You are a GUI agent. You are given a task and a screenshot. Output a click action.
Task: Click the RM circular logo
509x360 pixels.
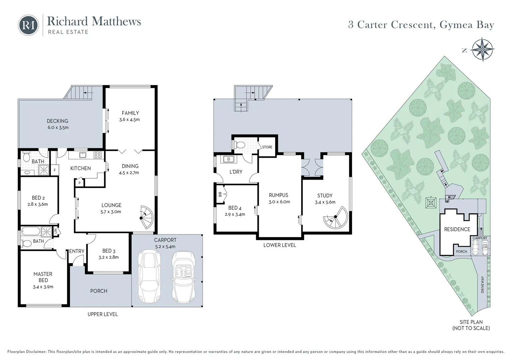(x=28, y=25)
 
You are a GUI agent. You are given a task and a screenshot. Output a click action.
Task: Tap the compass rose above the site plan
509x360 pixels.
(x=482, y=50)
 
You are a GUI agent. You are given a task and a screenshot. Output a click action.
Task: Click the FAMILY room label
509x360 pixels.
(x=130, y=113)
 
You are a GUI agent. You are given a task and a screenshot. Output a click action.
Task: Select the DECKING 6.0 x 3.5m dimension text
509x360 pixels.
(x=58, y=127)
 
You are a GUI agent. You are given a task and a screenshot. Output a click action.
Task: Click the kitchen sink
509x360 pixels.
(x=82, y=155)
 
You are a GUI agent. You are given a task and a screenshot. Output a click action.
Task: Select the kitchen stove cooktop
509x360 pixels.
(x=98, y=155)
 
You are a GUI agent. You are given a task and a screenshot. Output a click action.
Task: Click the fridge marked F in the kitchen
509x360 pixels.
(x=55, y=170)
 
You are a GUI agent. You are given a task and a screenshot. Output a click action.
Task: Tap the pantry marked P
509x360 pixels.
(x=80, y=183)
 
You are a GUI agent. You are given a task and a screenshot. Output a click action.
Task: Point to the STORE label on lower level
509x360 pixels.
(x=267, y=147)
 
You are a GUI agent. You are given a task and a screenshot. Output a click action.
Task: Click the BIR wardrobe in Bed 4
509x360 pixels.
(x=221, y=194)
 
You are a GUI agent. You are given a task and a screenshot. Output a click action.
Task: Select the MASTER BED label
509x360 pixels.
(x=43, y=277)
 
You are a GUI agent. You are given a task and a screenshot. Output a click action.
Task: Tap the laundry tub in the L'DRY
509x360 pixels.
(x=229, y=159)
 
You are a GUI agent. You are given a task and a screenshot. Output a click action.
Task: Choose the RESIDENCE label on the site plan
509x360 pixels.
(x=457, y=229)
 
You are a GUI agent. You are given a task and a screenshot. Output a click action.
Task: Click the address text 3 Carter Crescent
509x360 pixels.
(x=391, y=25)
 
